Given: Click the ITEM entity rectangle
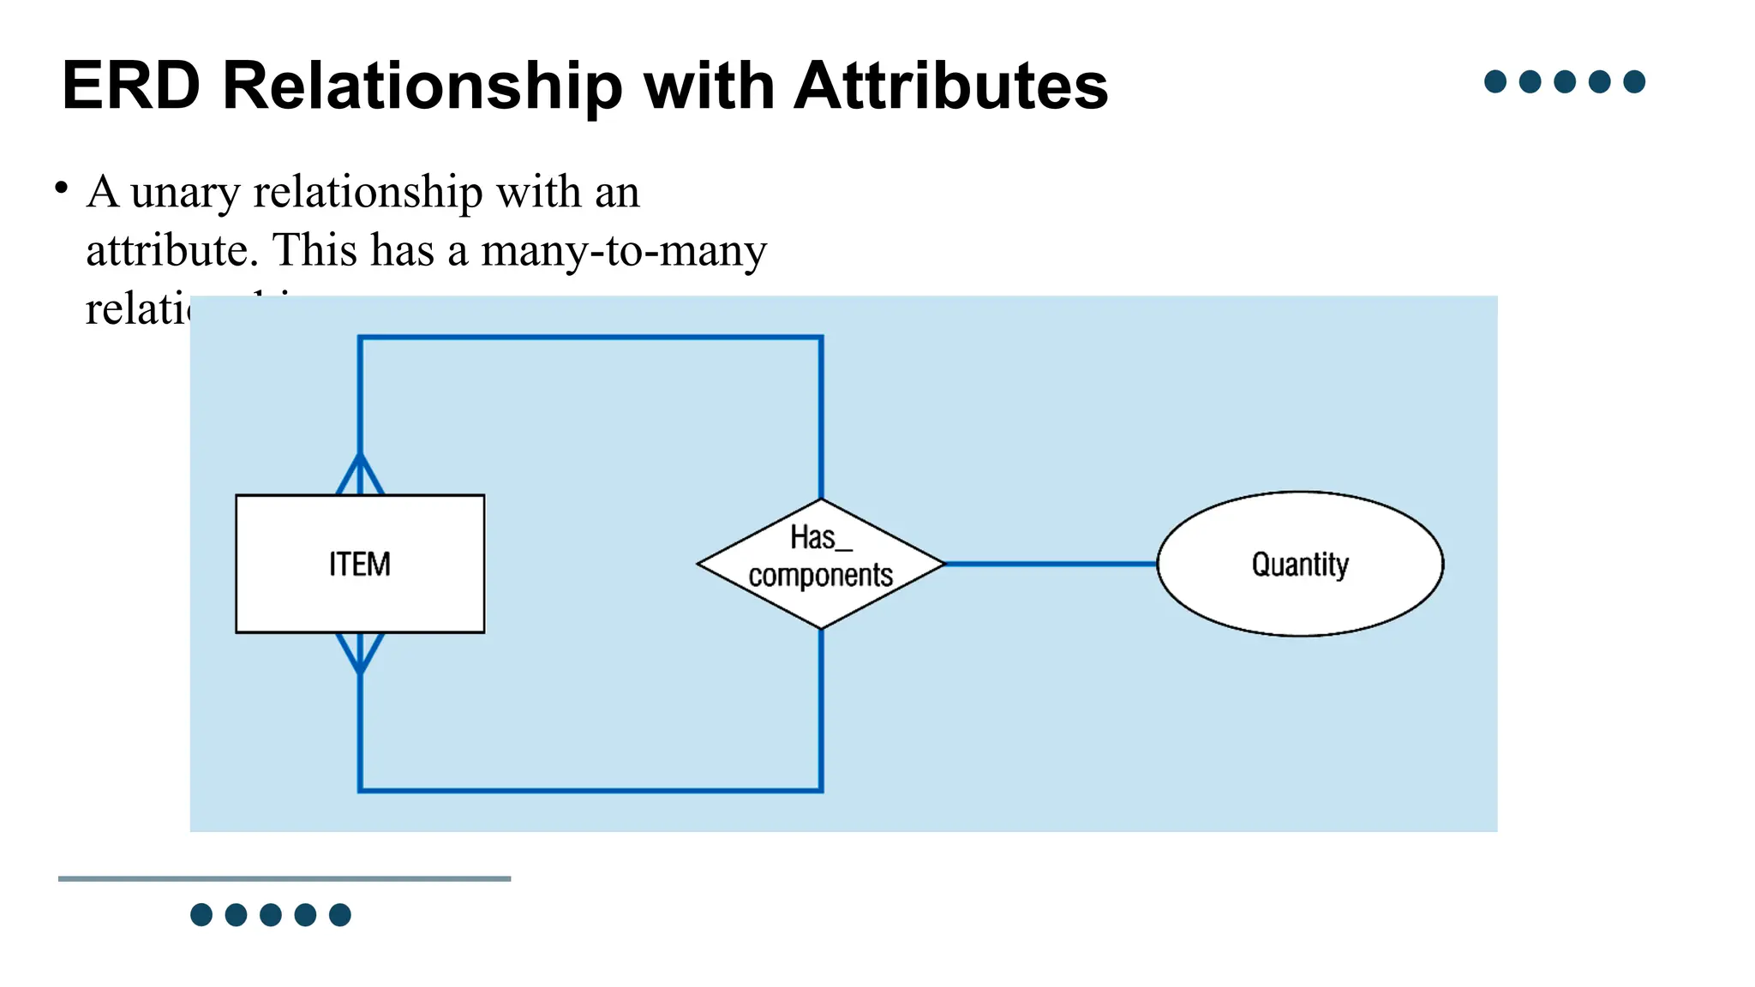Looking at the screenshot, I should tap(360, 564).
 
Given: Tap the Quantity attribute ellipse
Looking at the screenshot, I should tap(1300, 564).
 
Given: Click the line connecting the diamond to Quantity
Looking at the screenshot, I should tap(1050, 564).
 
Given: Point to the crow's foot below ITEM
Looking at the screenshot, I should tap(360, 653).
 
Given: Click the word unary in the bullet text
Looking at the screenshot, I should tap(185, 194).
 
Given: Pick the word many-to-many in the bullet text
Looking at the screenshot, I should tap(624, 251).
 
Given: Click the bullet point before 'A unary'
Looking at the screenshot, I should tap(61, 188).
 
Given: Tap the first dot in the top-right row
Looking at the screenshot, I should tap(1495, 81).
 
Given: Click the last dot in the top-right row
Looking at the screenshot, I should tap(1634, 81).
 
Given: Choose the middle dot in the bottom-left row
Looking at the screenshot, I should tap(271, 915).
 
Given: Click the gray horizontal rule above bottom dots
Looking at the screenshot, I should tap(285, 878).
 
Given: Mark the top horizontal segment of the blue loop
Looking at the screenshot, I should tap(590, 338).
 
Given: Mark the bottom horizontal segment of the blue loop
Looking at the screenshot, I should tap(590, 790).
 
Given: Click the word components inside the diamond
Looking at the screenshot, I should tap(820, 576).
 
